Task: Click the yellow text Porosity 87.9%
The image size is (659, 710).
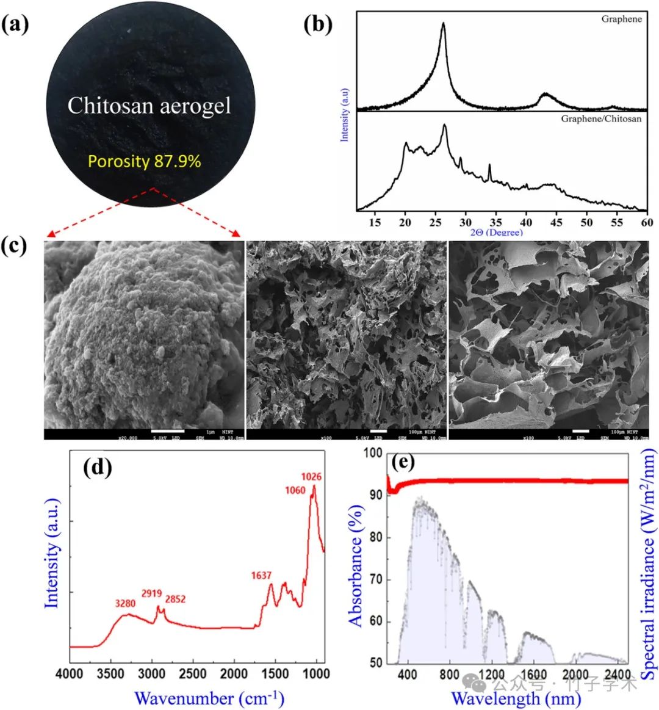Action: (x=145, y=161)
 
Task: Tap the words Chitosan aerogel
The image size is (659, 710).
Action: (x=149, y=106)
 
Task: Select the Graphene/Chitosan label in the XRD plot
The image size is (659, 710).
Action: (x=601, y=118)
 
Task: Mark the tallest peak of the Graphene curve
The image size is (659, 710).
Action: (x=443, y=24)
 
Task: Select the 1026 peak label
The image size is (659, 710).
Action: (x=311, y=476)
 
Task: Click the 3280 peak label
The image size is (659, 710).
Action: (x=127, y=604)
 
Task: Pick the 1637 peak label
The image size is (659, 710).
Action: (x=261, y=575)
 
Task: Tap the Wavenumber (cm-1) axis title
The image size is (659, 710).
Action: (x=209, y=697)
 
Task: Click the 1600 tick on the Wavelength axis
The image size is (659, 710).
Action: (x=535, y=673)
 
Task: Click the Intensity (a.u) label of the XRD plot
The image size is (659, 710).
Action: (x=344, y=115)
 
